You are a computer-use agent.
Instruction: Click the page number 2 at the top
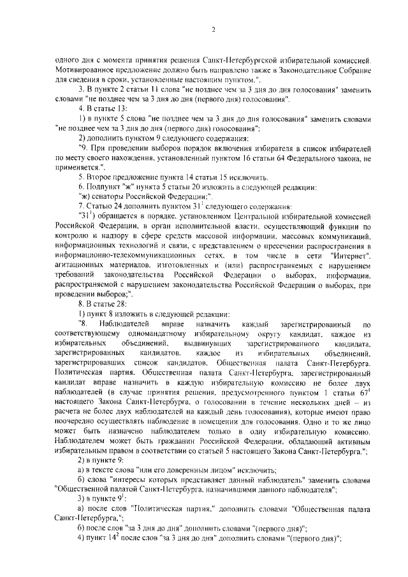pyautogui.click(x=214, y=29)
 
